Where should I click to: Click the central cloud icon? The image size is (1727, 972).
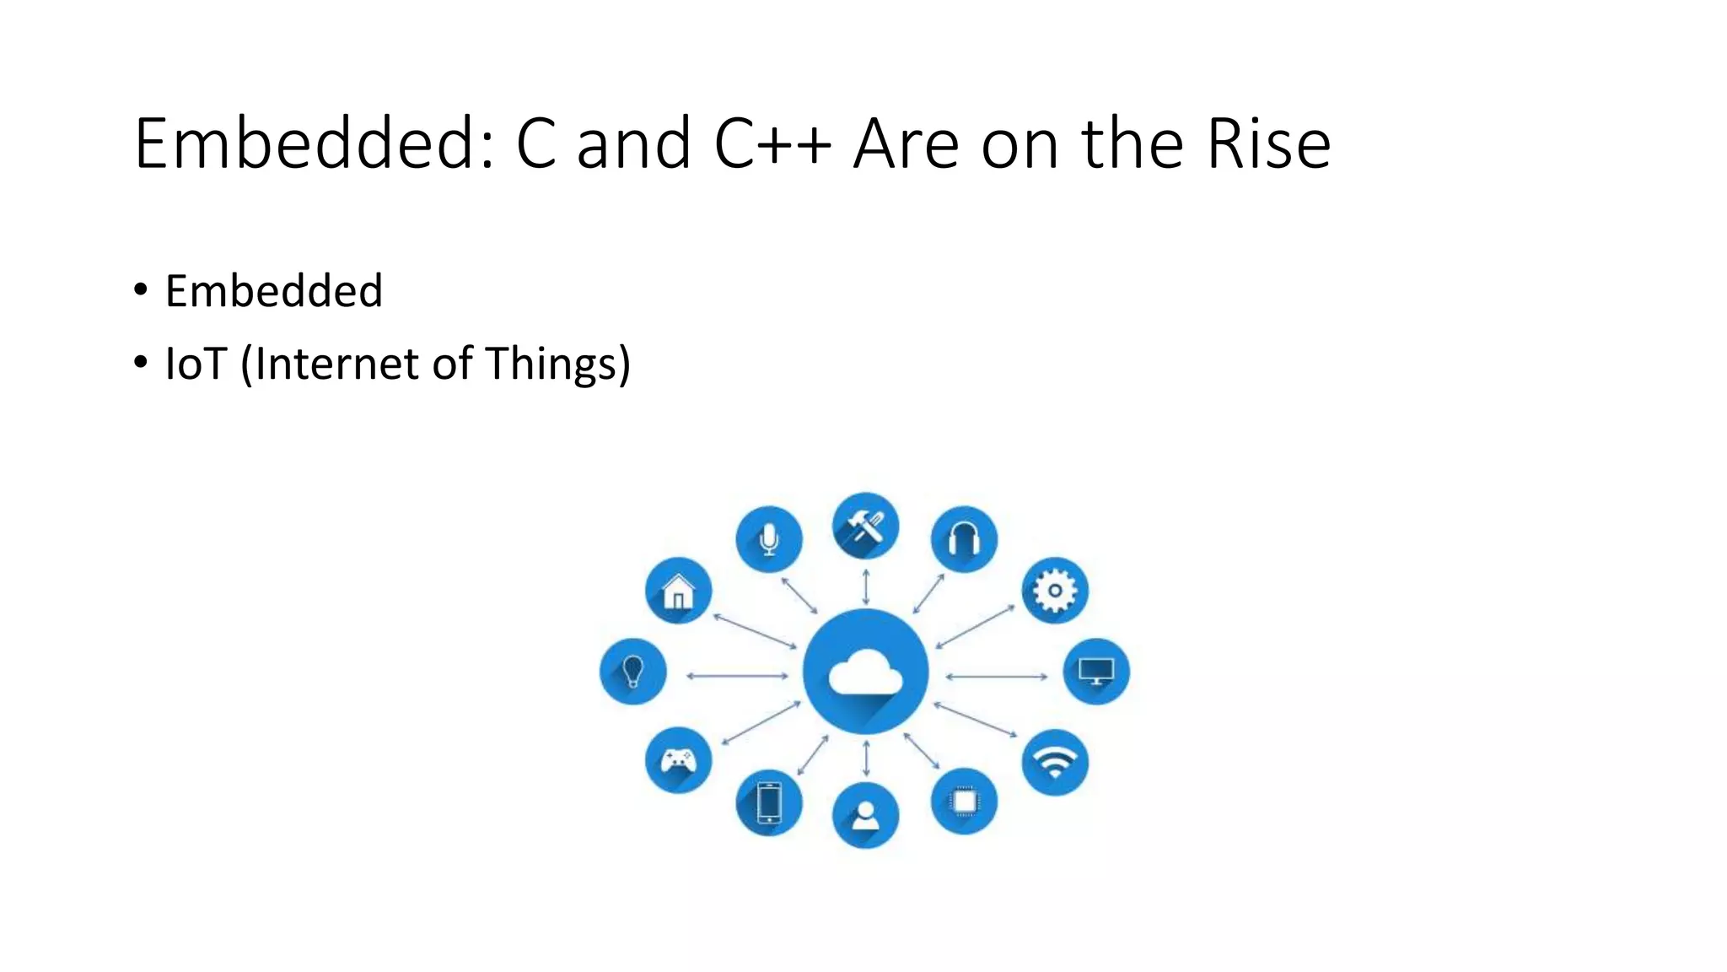click(865, 672)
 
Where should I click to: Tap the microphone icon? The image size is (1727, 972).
click(768, 539)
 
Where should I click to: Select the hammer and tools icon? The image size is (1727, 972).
click(865, 526)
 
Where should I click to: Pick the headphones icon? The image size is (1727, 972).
click(964, 539)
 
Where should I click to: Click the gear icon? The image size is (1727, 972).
click(1055, 591)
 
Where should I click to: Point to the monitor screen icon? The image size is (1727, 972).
click(1096, 672)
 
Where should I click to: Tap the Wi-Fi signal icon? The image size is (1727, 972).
click(1055, 763)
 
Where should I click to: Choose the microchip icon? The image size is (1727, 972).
click(964, 801)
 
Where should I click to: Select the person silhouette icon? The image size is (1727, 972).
click(865, 815)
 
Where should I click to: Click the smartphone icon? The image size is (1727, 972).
click(768, 802)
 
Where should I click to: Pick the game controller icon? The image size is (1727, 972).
click(678, 760)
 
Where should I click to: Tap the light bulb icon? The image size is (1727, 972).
click(632, 672)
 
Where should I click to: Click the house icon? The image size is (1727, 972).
click(678, 591)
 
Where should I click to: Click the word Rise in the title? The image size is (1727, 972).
click(1268, 143)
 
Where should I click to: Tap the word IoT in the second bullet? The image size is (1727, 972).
click(196, 364)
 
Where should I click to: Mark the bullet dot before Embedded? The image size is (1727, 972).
click(141, 289)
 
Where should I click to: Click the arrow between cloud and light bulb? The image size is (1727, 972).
click(737, 676)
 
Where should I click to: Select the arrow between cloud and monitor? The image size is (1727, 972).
click(996, 676)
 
